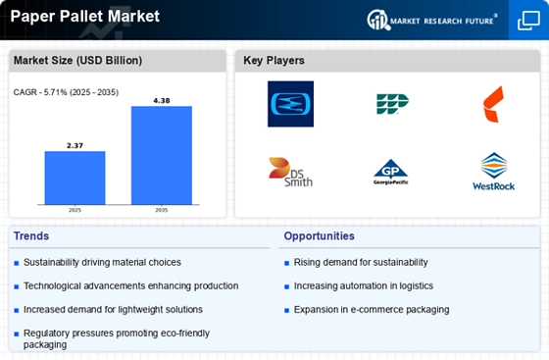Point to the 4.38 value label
161,99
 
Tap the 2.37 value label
75,144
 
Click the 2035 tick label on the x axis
161,210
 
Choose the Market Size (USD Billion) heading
77,61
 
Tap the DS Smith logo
290,172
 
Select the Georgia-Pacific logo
390,173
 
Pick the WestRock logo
492,172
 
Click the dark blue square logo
290,104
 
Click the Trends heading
32,236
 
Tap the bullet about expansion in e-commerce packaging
372,309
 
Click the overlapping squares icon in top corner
527,20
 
